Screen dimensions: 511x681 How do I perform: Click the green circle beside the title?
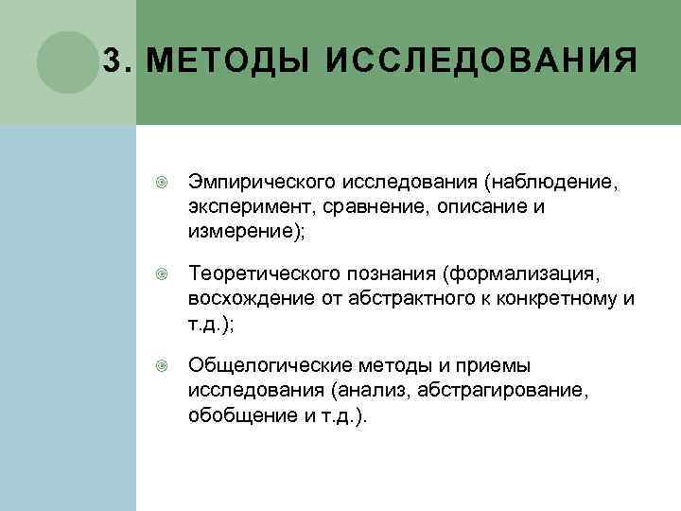67,62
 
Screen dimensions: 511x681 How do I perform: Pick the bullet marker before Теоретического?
162,273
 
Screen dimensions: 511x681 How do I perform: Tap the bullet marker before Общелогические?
162,365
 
